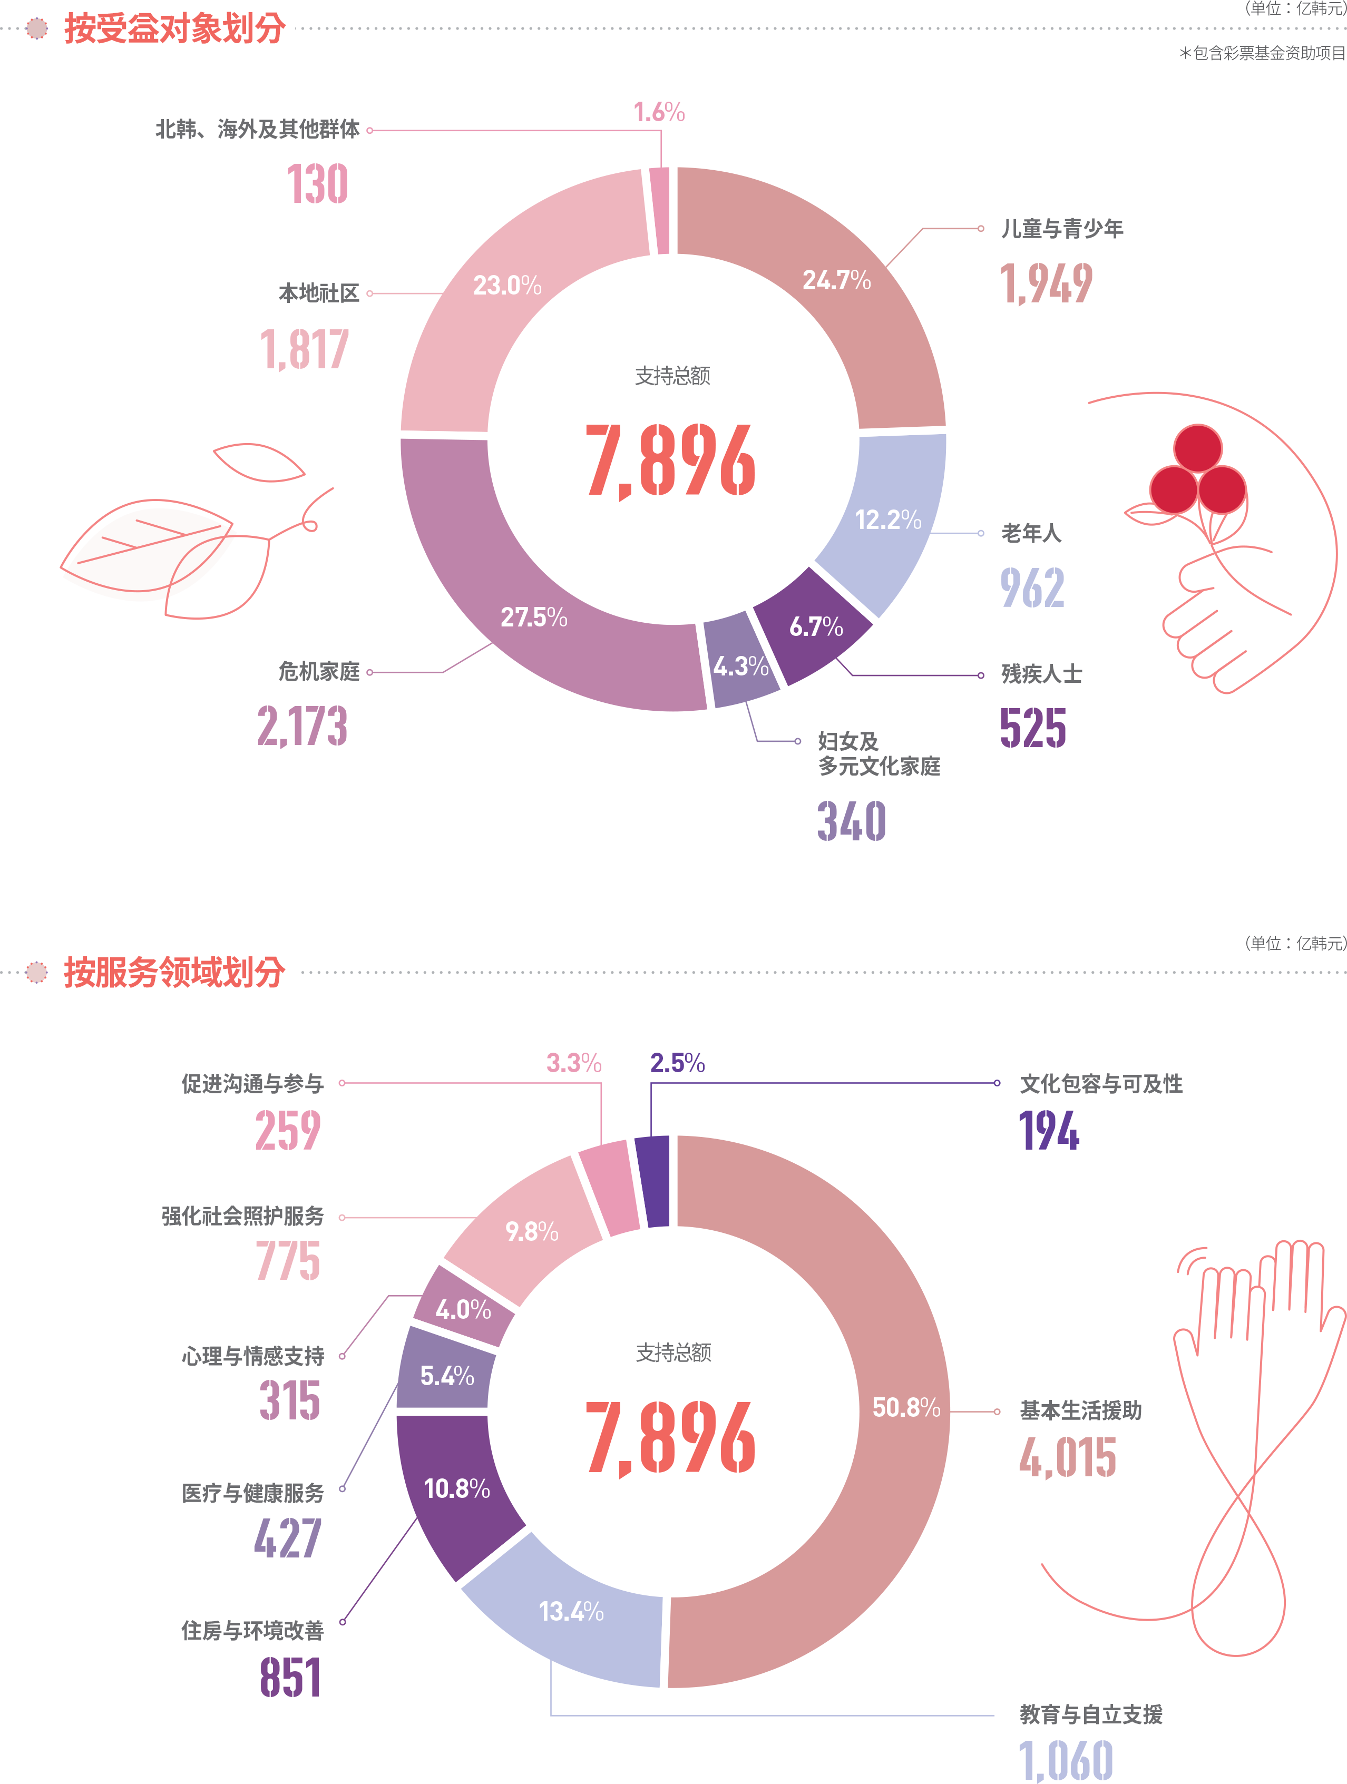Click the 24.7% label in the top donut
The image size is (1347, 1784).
[x=836, y=280]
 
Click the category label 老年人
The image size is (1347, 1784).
[x=1031, y=533]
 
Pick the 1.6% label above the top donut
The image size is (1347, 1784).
[x=659, y=112]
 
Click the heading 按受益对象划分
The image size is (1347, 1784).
[x=174, y=28]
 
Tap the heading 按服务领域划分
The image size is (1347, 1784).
[x=174, y=972]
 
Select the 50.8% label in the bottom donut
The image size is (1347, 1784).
[x=906, y=1407]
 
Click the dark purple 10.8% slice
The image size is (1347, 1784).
[x=456, y=1488]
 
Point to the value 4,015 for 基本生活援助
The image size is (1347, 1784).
[x=1067, y=1457]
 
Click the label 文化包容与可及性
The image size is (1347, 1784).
[x=1101, y=1084]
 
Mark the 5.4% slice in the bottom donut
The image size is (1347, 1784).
[x=447, y=1375]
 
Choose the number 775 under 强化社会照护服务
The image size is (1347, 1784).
[x=288, y=1261]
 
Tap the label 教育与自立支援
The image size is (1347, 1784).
[x=1090, y=1714]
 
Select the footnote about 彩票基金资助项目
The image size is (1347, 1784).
[x=1262, y=53]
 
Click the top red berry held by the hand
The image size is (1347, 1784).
[x=1198, y=448]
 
